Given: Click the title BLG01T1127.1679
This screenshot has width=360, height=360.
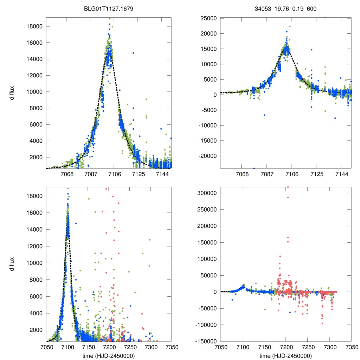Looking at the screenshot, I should (x=108, y=8).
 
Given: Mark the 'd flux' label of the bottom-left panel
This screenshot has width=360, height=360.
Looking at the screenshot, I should (x=12, y=264).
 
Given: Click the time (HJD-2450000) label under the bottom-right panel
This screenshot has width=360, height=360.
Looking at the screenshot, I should (x=285, y=355).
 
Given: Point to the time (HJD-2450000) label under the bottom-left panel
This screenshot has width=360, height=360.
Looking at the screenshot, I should (x=109, y=355).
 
